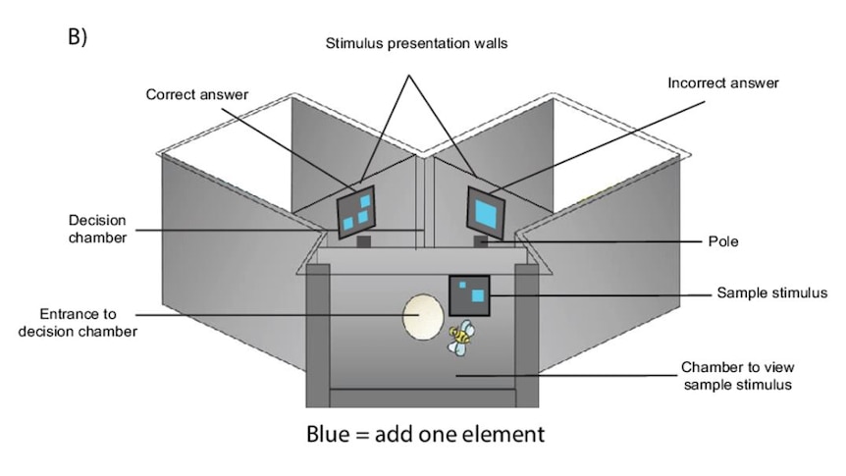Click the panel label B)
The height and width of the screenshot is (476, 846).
point(78,36)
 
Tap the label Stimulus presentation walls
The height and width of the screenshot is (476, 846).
point(416,43)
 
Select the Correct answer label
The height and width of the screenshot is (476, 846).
point(197,94)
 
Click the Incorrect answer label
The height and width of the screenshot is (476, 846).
point(723,82)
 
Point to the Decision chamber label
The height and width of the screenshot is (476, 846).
point(98,229)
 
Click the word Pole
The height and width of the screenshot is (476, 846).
point(723,241)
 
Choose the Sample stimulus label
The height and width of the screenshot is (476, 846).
point(772,292)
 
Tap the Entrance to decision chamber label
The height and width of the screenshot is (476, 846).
point(78,322)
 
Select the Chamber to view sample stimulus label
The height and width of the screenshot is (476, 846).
point(738,376)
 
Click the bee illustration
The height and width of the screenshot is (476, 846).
point(460,337)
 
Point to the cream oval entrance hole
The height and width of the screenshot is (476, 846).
point(423,317)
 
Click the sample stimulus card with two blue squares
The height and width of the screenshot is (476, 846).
point(469,295)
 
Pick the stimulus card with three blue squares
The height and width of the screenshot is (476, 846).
point(356,212)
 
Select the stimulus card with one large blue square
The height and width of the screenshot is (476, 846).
point(486,213)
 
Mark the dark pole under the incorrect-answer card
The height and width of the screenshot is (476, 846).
point(481,241)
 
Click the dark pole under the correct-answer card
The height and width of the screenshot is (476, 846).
point(364,241)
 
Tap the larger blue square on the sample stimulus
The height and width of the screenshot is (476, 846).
point(478,295)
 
